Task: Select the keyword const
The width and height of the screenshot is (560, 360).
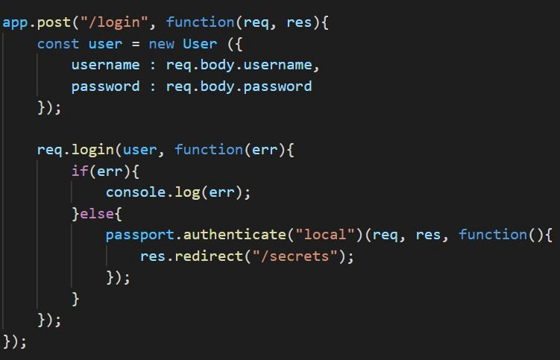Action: click(x=58, y=44)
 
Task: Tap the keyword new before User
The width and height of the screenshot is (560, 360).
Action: click(x=161, y=44)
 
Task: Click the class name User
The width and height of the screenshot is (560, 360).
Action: click(x=200, y=44)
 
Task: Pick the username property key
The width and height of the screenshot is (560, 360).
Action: click(x=105, y=65)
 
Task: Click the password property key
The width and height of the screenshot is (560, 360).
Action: click(x=105, y=86)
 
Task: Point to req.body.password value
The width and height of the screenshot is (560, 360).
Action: click(x=239, y=86)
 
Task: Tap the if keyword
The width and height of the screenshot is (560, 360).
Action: click(x=79, y=171)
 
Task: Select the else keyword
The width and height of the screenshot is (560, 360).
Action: click(x=97, y=214)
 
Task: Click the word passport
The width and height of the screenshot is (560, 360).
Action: click(x=139, y=235)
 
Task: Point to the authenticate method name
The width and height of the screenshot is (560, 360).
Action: click(x=234, y=235)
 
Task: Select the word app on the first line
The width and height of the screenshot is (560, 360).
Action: click(x=15, y=22)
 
